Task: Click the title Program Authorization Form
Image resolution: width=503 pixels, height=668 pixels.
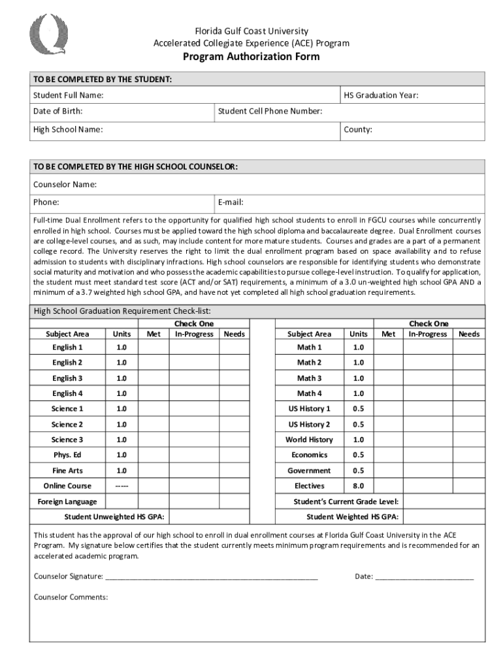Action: pyautogui.click(x=251, y=57)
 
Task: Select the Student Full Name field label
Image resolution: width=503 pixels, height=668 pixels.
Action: pyautogui.click(x=68, y=96)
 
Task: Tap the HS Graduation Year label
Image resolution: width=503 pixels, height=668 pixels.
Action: pyautogui.click(x=381, y=96)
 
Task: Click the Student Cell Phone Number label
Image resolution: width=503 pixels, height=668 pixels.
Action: pyautogui.click(x=270, y=112)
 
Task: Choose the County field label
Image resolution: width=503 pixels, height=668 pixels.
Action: pyautogui.click(x=358, y=130)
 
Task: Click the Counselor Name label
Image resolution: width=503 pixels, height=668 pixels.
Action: pyautogui.click(x=65, y=185)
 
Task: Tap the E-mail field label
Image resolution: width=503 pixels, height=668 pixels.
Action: pyautogui.click(x=231, y=202)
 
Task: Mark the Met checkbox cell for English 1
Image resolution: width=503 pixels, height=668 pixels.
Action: pyautogui.click(x=154, y=348)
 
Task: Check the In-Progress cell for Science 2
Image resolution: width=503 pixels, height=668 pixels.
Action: pyautogui.click(x=193, y=425)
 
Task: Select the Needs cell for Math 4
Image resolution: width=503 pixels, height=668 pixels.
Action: pyautogui.click(x=468, y=394)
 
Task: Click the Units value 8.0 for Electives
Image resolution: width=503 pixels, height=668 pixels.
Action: pyautogui.click(x=358, y=486)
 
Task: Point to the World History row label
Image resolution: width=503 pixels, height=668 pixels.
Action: pyautogui.click(x=309, y=440)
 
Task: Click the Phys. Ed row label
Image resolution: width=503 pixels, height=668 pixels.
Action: pyautogui.click(x=67, y=455)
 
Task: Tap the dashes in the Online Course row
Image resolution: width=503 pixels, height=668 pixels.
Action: pyautogui.click(x=122, y=486)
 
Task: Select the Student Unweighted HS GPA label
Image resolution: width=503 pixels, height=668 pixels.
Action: pyautogui.click(x=114, y=517)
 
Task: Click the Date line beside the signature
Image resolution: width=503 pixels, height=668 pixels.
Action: pyautogui.click(x=424, y=577)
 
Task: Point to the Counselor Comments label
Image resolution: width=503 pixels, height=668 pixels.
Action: pyautogui.click(x=71, y=598)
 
